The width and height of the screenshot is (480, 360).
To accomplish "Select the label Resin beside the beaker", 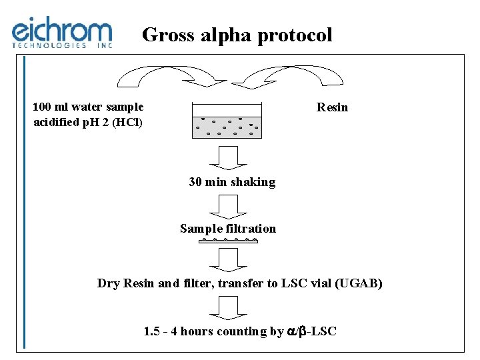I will [332, 107].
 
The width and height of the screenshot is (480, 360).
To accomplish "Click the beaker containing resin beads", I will [227, 121].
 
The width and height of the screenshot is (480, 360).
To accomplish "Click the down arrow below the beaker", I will [227, 159].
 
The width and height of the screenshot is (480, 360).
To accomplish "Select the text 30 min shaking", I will [232, 182].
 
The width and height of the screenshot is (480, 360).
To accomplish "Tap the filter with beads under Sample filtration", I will [229, 240].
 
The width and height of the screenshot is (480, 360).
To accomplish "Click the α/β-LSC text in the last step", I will [312, 331].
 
